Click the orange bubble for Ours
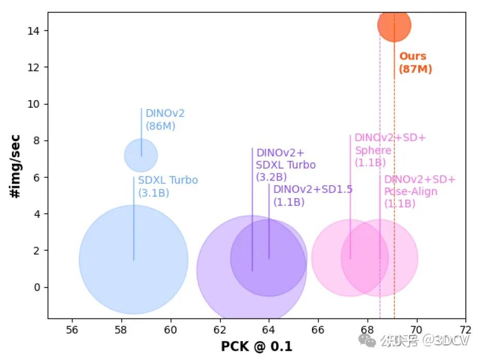pyautogui.click(x=394, y=25)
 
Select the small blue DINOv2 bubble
pyautogui.click(x=140, y=155)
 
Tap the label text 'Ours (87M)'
pyautogui.click(x=415, y=63)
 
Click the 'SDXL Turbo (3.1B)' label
pyautogui.click(x=168, y=187)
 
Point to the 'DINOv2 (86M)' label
pyautogui.click(x=165, y=119)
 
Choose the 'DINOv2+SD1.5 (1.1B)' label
pyautogui.click(x=313, y=196)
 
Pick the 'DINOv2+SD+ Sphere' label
pyautogui.click(x=390, y=150)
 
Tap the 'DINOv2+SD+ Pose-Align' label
pyautogui.click(x=419, y=192)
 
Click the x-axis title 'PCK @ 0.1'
pyautogui.click(x=257, y=346)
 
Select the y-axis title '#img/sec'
pyautogui.click(x=15, y=165)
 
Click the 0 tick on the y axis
pyautogui.click(x=37, y=287)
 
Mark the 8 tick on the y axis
pyautogui.click(x=37, y=141)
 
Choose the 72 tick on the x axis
pyautogui.click(x=465, y=329)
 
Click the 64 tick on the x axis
pyautogui.click(x=268, y=329)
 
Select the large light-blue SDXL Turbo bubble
pyautogui.click(x=134, y=260)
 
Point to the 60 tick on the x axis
pyautogui.click(x=171, y=329)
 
